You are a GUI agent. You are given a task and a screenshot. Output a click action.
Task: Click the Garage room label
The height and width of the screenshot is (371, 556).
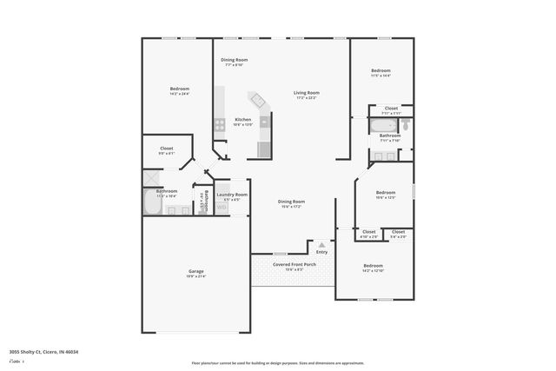point(196,272)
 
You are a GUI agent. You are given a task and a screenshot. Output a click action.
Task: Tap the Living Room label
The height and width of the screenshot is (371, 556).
point(306,93)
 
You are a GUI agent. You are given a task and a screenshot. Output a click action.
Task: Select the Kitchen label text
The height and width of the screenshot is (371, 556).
point(243,119)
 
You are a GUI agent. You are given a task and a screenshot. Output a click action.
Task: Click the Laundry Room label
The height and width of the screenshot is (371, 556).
point(232,195)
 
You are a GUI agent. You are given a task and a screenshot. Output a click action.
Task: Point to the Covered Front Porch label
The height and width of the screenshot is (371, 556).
point(294,264)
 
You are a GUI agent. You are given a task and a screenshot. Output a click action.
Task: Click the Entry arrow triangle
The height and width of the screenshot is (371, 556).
point(321,245)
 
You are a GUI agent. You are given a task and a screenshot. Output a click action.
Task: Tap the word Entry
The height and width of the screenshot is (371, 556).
point(321,252)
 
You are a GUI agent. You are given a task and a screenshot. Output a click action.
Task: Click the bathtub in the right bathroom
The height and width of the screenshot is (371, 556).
point(383,125)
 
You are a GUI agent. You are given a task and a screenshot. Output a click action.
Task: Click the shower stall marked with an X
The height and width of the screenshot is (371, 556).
point(153,177)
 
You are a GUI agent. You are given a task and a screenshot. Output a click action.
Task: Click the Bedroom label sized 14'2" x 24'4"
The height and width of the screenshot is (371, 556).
point(179,89)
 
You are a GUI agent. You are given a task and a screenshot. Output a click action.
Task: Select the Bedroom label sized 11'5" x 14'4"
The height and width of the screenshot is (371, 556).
point(381,70)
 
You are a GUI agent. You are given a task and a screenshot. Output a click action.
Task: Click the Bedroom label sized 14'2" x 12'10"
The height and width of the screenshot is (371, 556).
point(373,265)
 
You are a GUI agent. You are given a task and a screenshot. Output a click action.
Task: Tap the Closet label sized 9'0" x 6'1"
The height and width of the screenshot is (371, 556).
point(166,149)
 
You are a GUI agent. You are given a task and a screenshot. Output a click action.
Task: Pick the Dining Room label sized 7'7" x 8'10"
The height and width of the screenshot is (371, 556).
point(234,59)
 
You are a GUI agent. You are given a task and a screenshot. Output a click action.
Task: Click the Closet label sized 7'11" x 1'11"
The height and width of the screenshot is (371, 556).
point(391,109)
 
